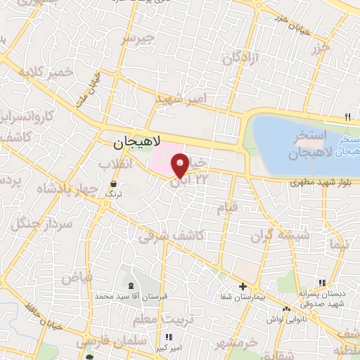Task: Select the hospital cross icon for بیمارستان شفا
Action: [243, 287]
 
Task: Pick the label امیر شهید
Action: [179, 98]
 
